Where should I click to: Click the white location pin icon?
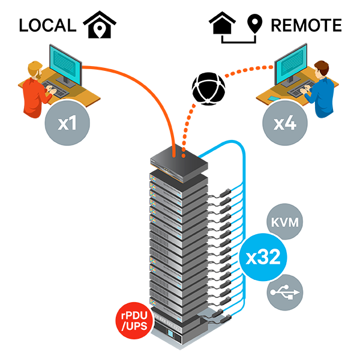100,29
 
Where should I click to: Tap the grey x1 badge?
67,124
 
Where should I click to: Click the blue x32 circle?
263,257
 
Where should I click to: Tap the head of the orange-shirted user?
36,70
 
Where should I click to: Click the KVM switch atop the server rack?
177,161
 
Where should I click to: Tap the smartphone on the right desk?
273,98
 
